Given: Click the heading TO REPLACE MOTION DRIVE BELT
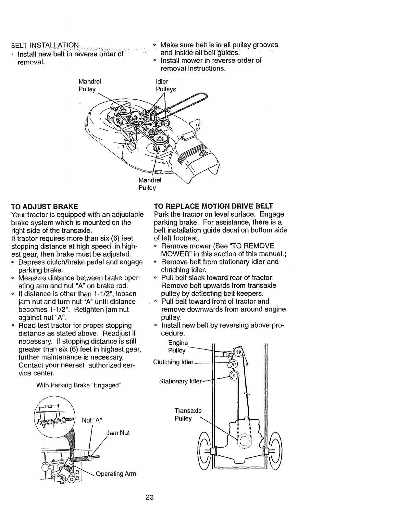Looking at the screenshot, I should tap(213, 206).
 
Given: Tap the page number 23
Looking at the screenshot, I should tap(149, 498).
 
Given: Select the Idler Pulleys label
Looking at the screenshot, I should tap(166, 85).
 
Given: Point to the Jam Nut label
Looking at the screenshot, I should tap(118, 433).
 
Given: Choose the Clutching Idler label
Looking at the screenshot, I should tap(173, 362).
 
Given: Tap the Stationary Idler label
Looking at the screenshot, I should tap(180, 381).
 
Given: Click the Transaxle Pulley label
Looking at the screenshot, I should tap(188, 414).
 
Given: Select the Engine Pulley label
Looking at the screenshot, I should tap(178, 347).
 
